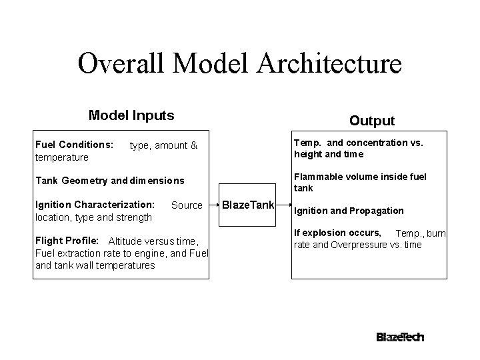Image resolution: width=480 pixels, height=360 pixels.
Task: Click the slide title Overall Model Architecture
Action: pyautogui.click(x=239, y=64)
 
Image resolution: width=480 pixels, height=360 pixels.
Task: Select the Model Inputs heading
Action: pyautogui.click(x=131, y=115)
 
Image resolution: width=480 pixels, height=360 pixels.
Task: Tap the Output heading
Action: pyautogui.click(x=372, y=121)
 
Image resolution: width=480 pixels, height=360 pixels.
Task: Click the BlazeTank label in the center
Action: pyautogui.click(x=247, y=205)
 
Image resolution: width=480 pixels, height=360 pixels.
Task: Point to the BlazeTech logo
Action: pyautogui.click(x=400, y=337)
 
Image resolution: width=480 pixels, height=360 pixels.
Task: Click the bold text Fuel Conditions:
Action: pyautogui.click(x=74, y=145)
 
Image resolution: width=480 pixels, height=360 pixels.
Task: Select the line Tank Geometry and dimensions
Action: pyautogui.click(x=109, y=181)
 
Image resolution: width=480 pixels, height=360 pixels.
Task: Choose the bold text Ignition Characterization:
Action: pyautogui.click(x=95, y=205)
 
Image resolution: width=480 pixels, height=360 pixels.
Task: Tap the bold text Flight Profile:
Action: pyautogui.click(x=67, y=240)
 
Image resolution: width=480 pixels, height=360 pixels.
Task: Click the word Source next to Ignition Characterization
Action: pyautogui.click(x=187, y=205)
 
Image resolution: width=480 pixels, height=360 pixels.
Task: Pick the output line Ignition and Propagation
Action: pyautogui.click(x=349, y=211)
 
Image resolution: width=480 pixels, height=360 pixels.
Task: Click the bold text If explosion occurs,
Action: pyautogui.click(x=338, y=233)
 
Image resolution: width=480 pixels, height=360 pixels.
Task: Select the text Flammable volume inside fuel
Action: pyautogui.click(x=360, y=177)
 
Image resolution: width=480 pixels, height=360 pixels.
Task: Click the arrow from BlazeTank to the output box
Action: pyautogui.click(x=283, y=205)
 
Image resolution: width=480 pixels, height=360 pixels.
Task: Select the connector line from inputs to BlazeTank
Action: pyautogui.click(x=215, y=205)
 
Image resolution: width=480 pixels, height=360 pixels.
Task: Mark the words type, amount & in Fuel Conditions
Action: pyautogui.click(x=163, y=145)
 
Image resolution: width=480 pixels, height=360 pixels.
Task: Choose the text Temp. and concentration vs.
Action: pyautogui.click(x=359, y=143)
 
